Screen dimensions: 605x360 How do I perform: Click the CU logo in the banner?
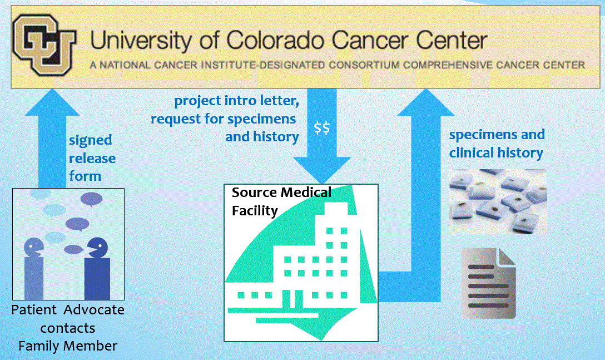[44, 45]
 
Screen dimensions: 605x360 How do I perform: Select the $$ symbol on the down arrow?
[322, 127]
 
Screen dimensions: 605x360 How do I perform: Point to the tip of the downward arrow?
[322, 183]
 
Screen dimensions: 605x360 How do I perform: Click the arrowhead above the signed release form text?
[52, 102]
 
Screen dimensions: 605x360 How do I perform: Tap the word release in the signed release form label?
[92, 158]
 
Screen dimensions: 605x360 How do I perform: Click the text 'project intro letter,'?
[236, 101]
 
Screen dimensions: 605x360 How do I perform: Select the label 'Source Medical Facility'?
[281, 201]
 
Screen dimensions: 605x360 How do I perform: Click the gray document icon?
[488, 283]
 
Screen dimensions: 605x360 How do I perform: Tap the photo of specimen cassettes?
[498, 201]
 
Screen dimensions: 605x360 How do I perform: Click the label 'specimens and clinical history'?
[497, 144]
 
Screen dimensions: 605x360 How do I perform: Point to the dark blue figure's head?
[97, 248]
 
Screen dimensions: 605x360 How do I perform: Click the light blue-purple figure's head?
[34, 248]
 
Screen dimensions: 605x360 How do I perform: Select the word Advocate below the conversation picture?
[94, 310]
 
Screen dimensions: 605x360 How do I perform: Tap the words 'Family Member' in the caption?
[68, 346]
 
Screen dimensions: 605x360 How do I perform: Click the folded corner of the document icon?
[507, 257]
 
